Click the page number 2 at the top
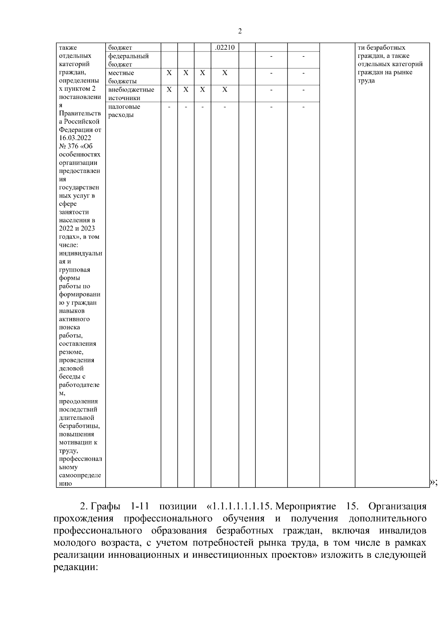click(240, 31)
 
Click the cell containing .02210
click(225, 47)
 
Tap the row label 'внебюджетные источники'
click(131, 94)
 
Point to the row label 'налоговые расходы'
click(124, 111)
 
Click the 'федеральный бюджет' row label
click(128, 60)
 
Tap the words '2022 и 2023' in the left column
click(77, 228)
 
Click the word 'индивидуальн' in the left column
click(80, 253)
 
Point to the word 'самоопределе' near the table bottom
click(80, 475)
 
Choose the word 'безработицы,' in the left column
click(79, 426)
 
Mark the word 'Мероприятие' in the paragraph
click(305, 507)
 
